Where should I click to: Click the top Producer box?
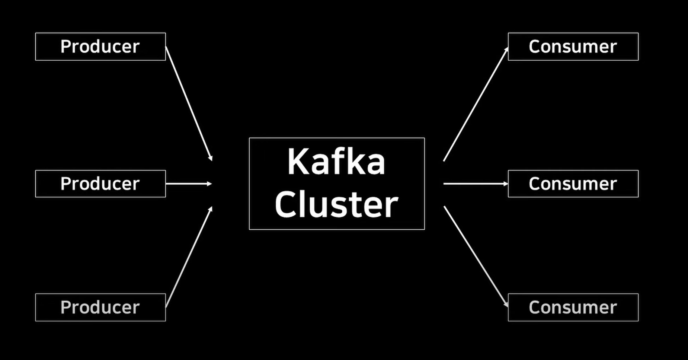tap(100, 47)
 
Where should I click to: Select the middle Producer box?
tap(100, 184)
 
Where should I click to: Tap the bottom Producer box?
tap(100, 307)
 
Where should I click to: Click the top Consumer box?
tap(573, 47)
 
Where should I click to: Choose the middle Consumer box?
tap(573, 184)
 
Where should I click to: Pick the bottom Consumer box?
tap(573, 307)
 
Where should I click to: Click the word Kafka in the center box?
tap(336, 162)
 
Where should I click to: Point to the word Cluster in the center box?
tap(336, 204)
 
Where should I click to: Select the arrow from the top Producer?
tap(189, 103)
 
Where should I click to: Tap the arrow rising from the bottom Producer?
tap(189, 257)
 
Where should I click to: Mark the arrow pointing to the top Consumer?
tap(476, 104)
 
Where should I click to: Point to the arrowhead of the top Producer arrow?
tap(211, 158)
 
